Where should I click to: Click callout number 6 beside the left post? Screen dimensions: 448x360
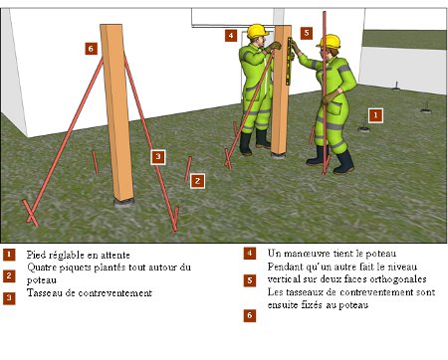(x=91, y=49)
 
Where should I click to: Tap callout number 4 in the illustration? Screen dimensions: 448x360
(x=231, y=36)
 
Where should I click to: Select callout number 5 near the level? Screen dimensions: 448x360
(x=307, y=33)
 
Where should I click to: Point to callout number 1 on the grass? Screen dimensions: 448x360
(x=375, y=115)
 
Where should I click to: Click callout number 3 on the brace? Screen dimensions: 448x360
(x=158, y=157)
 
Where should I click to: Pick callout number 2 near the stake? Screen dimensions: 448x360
(x=197, y=181)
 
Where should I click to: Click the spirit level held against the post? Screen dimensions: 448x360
(x=289, y=61)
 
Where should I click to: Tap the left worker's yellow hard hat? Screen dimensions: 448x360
(x=257, y=31)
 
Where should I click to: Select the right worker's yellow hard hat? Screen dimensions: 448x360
(x=330, y=42)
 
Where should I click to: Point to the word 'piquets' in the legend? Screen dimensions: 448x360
(x=76, y=268)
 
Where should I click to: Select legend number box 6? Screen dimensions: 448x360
(x=250, y=315)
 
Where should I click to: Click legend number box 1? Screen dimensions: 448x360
(x=9, y=255)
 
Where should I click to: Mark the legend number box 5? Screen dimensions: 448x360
(x=250, y=280)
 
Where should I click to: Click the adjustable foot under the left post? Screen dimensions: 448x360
(x=124, y=202)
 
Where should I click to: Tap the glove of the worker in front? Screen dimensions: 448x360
(x=330, y=97)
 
